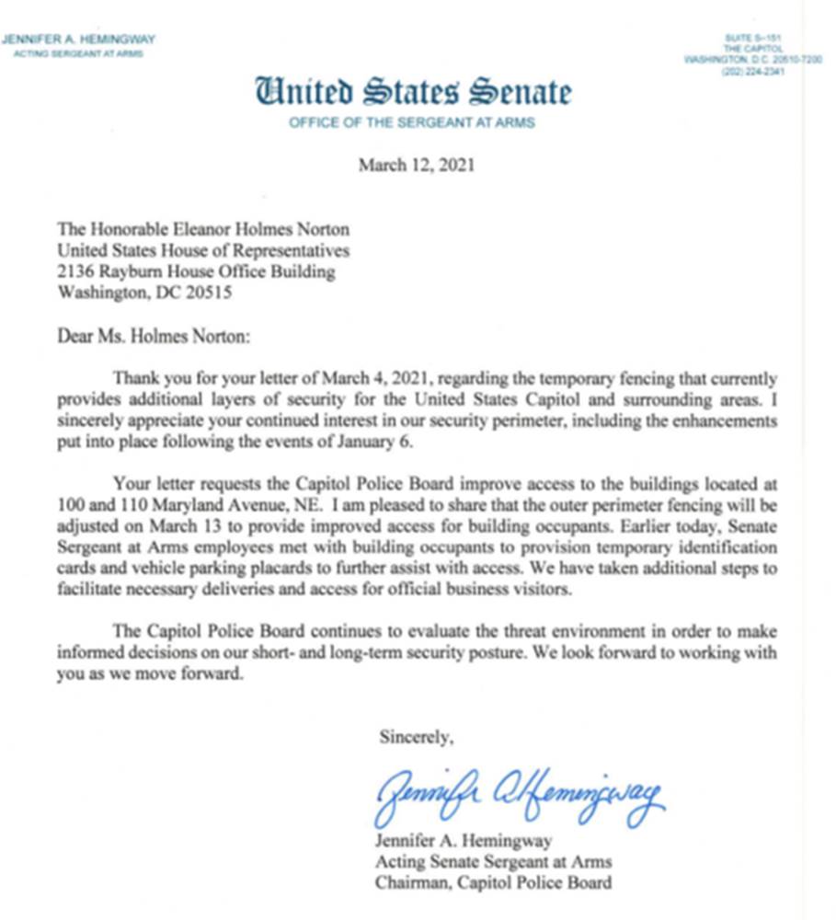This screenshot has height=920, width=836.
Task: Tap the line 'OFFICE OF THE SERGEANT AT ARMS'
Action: click(x=412, y=122)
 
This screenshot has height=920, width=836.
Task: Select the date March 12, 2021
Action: click(x=417, y=167)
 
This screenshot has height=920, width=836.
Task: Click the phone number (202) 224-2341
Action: click(x=755, y=72)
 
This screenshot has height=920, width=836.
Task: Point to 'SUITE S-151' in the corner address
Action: click(x=753, y=37)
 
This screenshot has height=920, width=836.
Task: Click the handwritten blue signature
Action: click(x=518, y=793)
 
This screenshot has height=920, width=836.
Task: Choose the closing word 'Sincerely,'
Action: click(x=416, y=736)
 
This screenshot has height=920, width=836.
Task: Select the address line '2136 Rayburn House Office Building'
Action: click(x=196, y=272)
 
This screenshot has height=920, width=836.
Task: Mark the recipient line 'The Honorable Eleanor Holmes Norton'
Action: click(x=203, y=230)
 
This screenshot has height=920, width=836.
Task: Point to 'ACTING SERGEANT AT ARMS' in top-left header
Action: click(x=78, y=53)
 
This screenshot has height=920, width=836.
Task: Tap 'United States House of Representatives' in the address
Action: click(x=203, y=251)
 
